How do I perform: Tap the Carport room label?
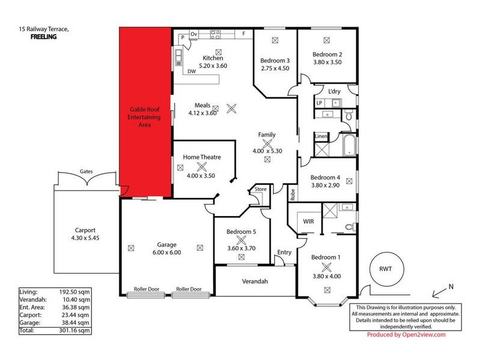pos(85,230)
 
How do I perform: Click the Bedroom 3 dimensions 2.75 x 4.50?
pos(275,68)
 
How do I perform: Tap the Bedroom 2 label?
pos(327,54)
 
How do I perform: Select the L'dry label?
pos(334,91)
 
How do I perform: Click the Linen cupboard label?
pos(321,137)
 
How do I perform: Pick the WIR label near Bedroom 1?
pos(308,221)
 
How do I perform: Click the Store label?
pos(260,190)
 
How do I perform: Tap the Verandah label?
pos(254,281)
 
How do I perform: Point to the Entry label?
pos(284,252)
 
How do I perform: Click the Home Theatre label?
pos(202,157)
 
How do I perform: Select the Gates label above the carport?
pos(86,171)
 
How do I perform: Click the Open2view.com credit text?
pos(422,335)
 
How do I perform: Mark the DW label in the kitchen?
pos(192,71)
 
